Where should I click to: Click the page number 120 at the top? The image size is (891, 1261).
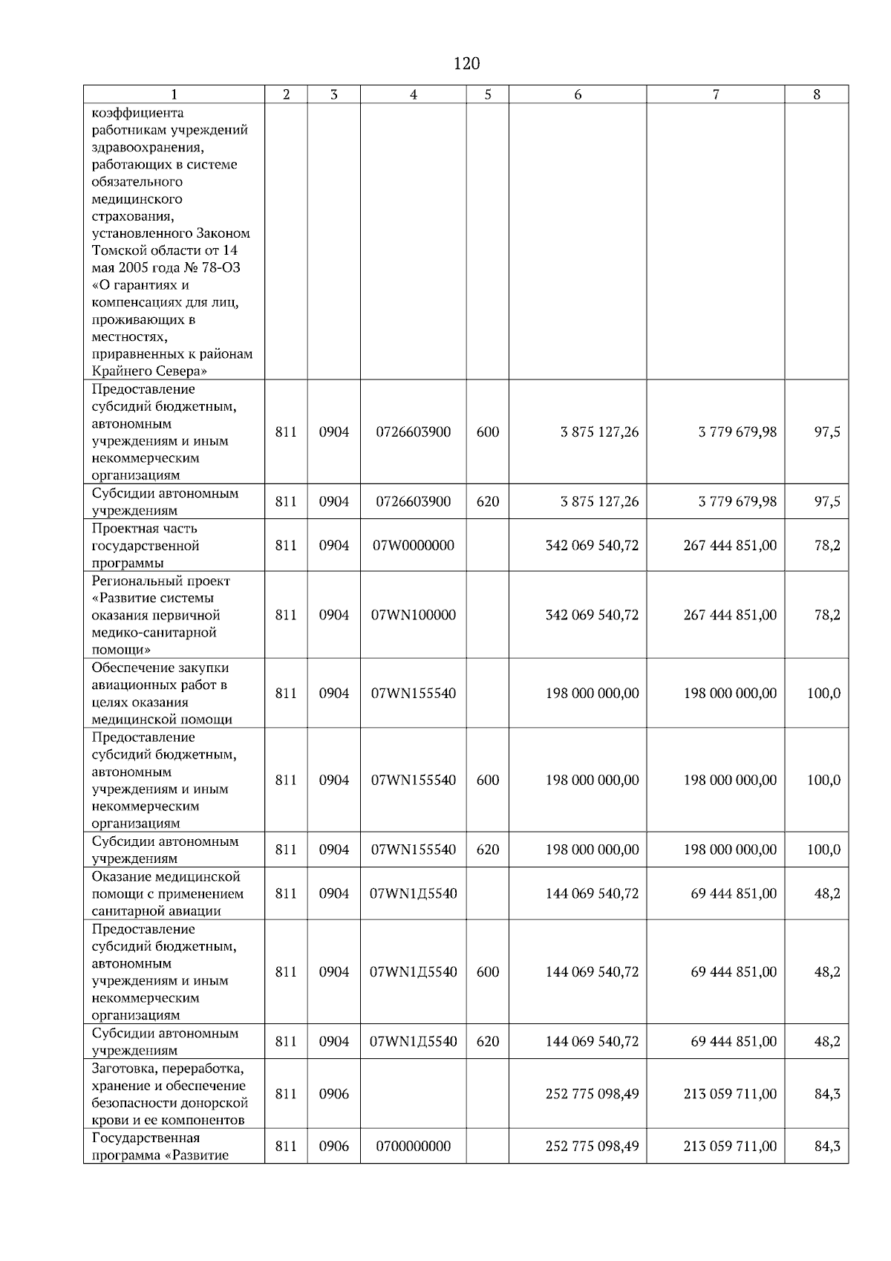[466, 63]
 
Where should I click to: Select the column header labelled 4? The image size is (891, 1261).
[413, 94]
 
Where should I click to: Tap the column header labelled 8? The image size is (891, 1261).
[816, 94]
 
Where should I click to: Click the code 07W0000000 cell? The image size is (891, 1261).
[413, 545]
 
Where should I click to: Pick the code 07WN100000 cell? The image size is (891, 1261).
[413, 615]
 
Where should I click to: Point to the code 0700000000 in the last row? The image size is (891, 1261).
[413, 1146]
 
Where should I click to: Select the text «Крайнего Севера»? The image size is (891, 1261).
[149, 371]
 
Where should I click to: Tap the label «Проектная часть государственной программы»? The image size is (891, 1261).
[146, 545]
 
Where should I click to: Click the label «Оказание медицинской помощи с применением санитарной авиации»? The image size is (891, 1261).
[167, 893]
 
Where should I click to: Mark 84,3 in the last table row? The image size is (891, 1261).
[826, 1146]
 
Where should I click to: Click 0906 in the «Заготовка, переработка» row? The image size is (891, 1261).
[333, 1094]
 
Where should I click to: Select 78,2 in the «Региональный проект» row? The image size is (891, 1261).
[826, 615]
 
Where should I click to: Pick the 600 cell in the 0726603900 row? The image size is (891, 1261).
[487, 431]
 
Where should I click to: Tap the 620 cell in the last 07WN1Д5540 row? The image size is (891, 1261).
[487, 1041]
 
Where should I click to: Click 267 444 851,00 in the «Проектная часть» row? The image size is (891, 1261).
[730, 545]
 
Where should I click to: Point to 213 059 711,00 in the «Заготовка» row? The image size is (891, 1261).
[730, 1094]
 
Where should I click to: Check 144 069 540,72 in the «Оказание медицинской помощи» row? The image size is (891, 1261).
[592, 893]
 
